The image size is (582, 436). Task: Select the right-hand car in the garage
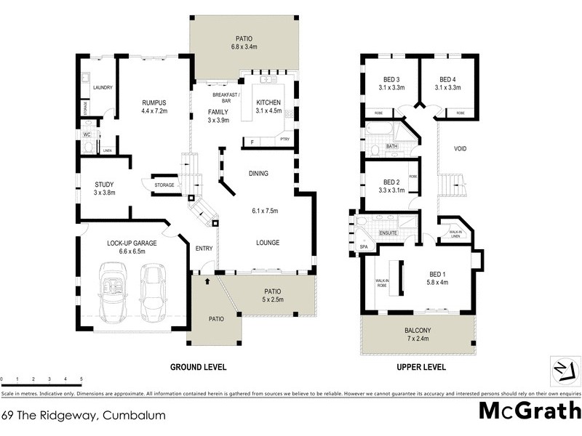[x=154, y=292]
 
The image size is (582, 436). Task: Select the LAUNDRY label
[x=103, y=88]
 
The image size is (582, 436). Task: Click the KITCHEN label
[x=268, y=102]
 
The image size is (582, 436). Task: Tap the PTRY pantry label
[x=284, y=140]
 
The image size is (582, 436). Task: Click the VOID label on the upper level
[x=460, y=149]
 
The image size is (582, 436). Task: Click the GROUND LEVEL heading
[x=198, y=367]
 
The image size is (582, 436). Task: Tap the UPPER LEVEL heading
[x=421, y=367]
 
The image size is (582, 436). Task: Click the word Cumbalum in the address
[x=135, y=416]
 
